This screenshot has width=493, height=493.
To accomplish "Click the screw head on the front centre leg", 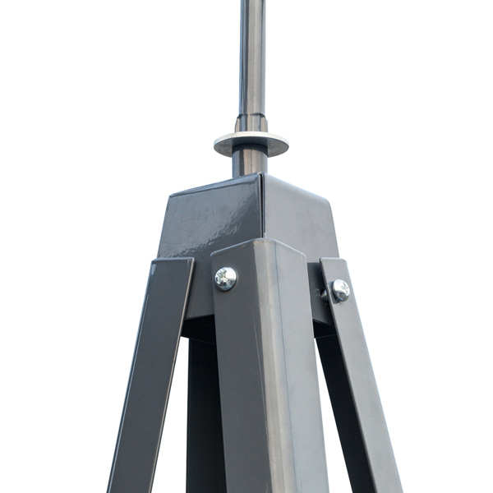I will (x=225, y=279).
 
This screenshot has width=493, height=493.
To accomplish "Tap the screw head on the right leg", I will (x=339, y=289).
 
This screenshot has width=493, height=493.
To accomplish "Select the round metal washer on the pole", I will (x=251, y=144).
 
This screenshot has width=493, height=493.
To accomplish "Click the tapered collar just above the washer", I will (x=251, y=124).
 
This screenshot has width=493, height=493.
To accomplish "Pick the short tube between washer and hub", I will (x=250, y=162).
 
